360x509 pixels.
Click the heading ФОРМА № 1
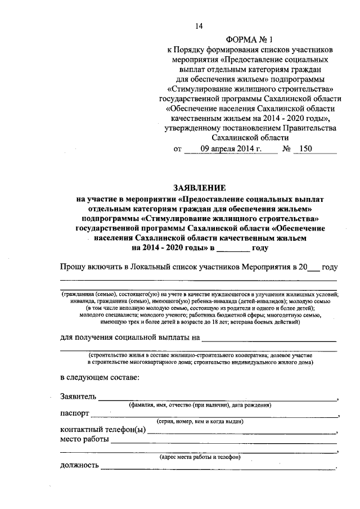pos(248,40)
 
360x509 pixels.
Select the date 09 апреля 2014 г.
pos(231,149)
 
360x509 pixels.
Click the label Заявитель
pos(78,397)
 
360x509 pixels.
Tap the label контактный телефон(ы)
pos(102,431)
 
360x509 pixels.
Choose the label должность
pos(79,465)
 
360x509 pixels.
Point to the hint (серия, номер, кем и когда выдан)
pos(200,421)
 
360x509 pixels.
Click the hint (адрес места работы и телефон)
pos(200,457)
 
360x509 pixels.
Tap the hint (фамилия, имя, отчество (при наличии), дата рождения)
pos(200,404)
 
